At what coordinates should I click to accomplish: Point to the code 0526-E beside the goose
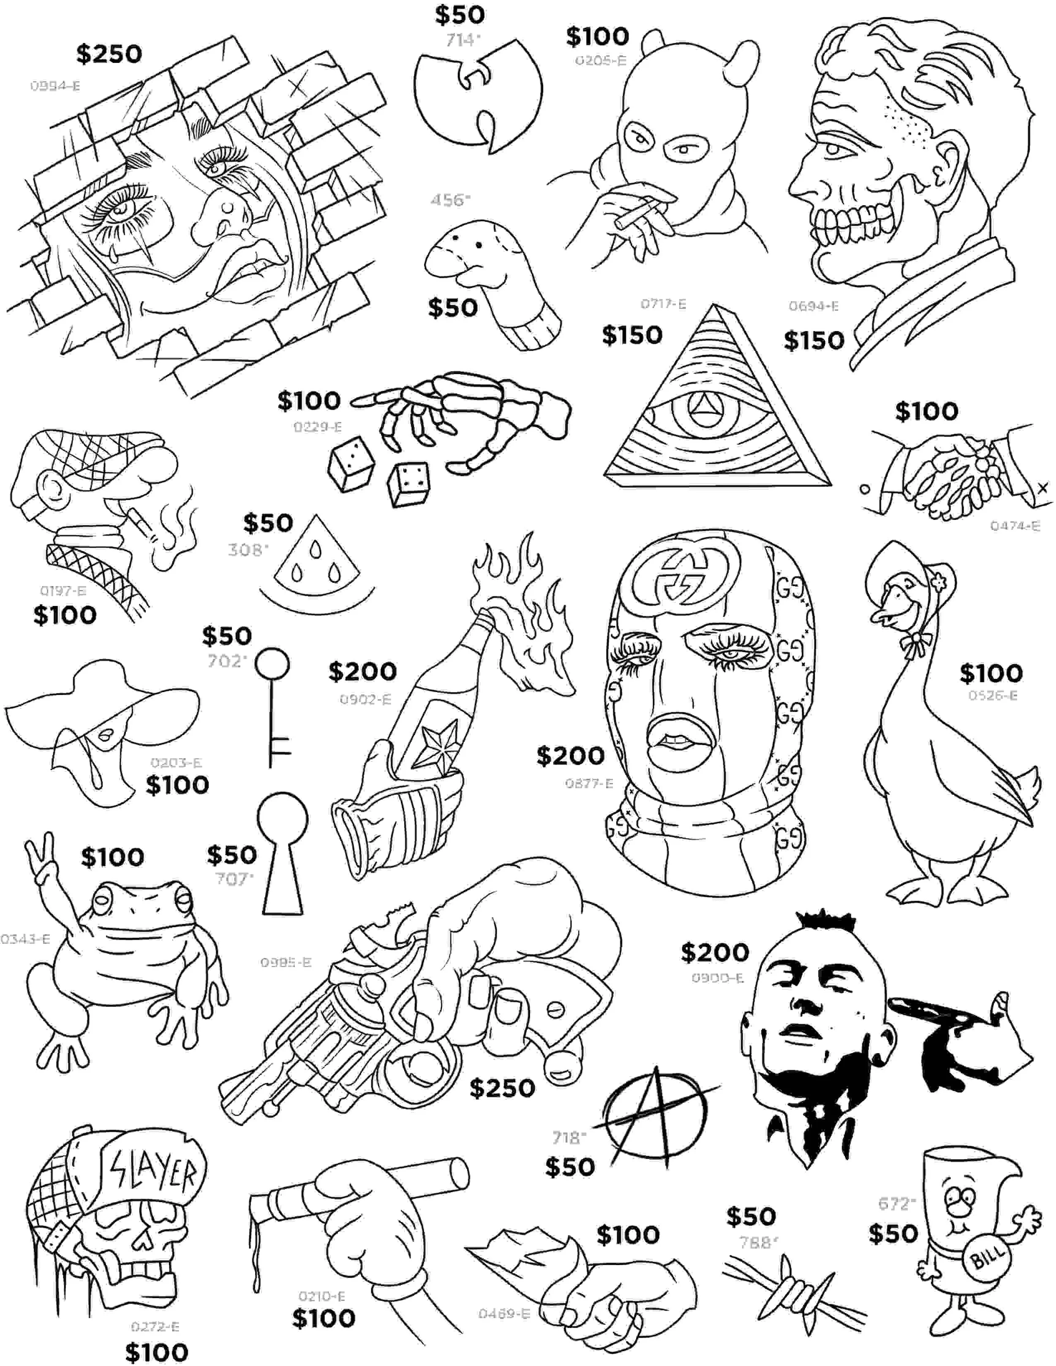pyautogui.click(x=993, y=695)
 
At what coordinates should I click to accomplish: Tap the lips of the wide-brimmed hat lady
pyautogui.click(x=106, y=733)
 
